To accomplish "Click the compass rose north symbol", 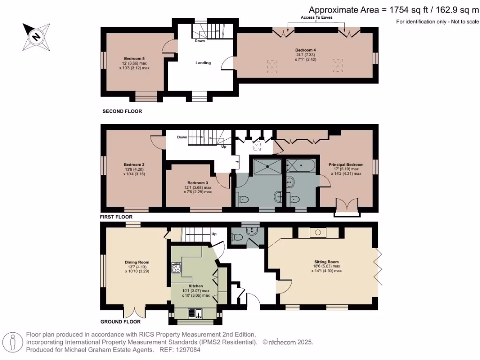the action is [x=37, y=37].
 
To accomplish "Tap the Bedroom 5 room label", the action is [x=135, y=59].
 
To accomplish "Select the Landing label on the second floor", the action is [x=203, y=63].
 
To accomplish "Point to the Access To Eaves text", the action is [x=316, y=17].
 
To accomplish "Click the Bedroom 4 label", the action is [x=306, y=50].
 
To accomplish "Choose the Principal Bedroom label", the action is [x=346, y=165].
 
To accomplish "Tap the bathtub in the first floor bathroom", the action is [x=301, y=165].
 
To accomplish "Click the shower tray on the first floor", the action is [x=267, y=166].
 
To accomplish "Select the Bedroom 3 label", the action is [x=198, y=183].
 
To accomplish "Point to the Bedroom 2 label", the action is [x=134, y=165].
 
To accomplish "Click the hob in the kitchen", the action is [x=176, y=268].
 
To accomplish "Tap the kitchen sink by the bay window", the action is [x=195, y=314].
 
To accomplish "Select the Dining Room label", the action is [x=137, y=262].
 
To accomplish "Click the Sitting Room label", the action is [x=327, y=262].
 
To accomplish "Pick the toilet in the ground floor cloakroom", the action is [x=237, y=237].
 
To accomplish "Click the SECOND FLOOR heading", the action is [x=122, y=111].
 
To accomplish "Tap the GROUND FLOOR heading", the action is [x=120, y=322].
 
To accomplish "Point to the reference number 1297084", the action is [x=189, y=350].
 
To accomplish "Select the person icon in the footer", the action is [x=13, y=342].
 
